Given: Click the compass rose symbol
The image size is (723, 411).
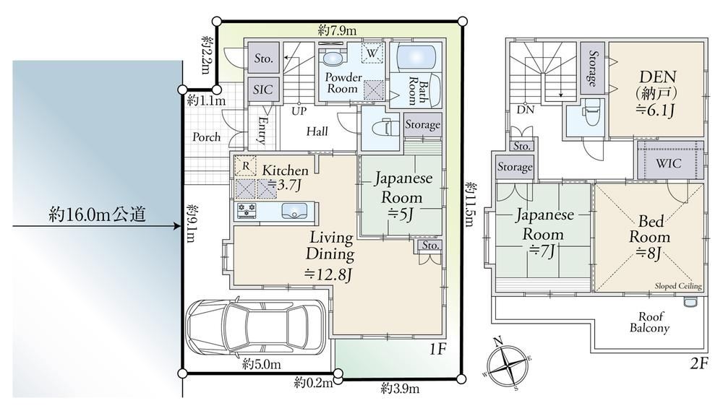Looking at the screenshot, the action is [x=508, y=365].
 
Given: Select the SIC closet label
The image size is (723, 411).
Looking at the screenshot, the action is [x=263, y=90].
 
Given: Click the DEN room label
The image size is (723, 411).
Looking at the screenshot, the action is [x=657, y=77].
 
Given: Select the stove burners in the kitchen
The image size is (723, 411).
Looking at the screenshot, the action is [x=247, y=211].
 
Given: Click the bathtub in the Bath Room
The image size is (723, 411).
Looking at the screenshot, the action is [x=415, y=58].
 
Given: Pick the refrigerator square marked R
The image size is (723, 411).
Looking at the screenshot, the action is [x=246, y=166].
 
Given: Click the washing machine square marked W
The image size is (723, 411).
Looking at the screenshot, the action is [x=372, y=53].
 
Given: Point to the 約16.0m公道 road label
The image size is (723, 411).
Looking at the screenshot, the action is [x=98, y=215].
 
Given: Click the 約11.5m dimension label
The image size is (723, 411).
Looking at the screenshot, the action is [x=469, y=204].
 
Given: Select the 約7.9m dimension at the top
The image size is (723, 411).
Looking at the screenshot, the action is [x=337, y=30].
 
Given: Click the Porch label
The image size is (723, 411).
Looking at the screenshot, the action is [x=206, y=137].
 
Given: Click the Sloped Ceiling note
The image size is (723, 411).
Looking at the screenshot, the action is [x=678, y=286].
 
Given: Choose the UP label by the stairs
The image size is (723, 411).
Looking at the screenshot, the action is [x=299, y=111].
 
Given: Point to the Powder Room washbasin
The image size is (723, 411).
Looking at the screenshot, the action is [x=332, y=59].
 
